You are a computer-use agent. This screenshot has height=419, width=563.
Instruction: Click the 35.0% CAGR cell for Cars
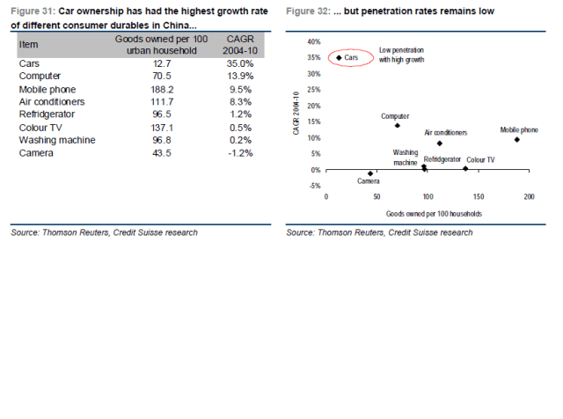point(239,64)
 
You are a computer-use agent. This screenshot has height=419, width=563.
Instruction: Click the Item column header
point(29,43)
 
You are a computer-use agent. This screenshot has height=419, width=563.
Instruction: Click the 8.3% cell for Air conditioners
point(240,102)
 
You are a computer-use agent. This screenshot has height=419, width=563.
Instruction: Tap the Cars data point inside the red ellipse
point(339,56)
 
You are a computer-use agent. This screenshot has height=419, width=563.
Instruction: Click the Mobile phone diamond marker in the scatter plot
point(517,139)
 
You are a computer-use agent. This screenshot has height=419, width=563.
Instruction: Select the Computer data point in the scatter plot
point(398,125)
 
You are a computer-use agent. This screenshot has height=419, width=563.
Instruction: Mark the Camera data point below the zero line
point(370,173)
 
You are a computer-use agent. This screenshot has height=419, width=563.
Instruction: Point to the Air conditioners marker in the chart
point(439,143)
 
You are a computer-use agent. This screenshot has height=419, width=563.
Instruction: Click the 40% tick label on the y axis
point(313,41)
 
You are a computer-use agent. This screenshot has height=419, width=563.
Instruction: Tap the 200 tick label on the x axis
point(530,196)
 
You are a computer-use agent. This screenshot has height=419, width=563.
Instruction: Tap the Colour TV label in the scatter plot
point(480,159)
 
